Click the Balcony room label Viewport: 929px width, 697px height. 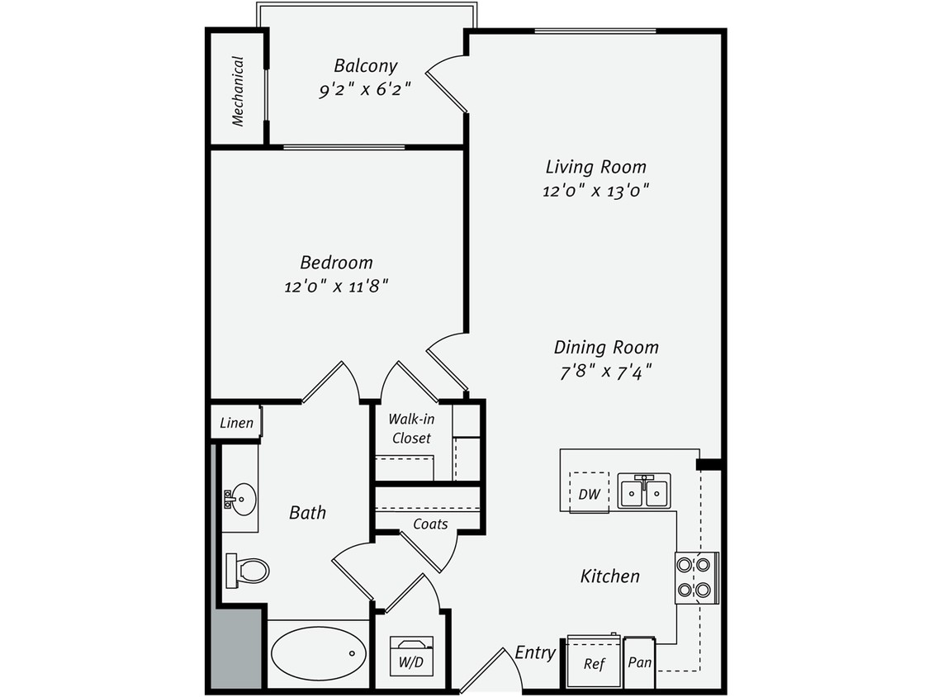(365, 66)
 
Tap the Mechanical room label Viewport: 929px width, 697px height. (238, 91)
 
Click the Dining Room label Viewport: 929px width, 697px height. (606, 348)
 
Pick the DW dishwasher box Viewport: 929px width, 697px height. (589, 494)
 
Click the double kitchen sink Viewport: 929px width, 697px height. (644, 491)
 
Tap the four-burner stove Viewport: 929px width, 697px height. (694, 577)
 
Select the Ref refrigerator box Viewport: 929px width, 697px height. (594, 661)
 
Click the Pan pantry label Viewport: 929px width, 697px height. (639, 662)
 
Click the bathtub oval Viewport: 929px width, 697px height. (319, 653)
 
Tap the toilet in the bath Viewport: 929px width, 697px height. (249, 571)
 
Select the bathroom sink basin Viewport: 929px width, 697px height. (241, 499)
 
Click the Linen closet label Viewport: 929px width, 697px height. (236, 424)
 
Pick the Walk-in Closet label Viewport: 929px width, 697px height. (411, 429)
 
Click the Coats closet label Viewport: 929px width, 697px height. (430, 524)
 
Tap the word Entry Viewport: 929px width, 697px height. (535, 652)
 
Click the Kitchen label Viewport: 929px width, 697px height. (610, 576)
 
